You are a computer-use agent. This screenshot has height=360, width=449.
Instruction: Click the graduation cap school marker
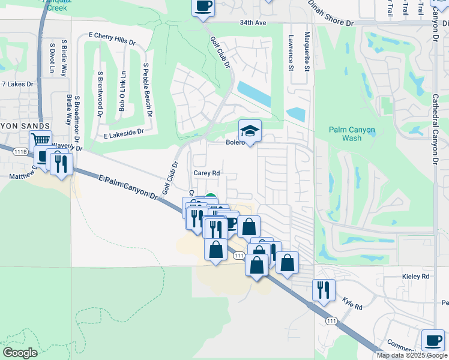pos(250,130)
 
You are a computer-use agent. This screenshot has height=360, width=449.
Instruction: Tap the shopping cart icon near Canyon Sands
pos(41,140)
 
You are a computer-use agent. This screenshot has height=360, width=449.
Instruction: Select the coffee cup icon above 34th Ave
pos(203,7)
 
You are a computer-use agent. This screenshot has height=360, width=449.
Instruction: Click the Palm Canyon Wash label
pos(352,134)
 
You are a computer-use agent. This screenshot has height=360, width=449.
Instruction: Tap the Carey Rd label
pos(207,172)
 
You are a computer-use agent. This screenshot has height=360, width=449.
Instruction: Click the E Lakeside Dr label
pos(124,131)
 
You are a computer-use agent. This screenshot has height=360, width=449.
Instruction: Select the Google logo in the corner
pos(20,352)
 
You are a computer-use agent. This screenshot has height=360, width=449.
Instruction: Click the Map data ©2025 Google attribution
pos(412,355)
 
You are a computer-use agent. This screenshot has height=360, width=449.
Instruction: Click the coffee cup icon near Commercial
pos(432,340)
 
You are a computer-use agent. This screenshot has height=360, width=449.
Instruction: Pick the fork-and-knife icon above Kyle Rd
pos(324,290)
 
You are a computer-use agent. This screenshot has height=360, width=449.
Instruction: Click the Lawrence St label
pos(291,52)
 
